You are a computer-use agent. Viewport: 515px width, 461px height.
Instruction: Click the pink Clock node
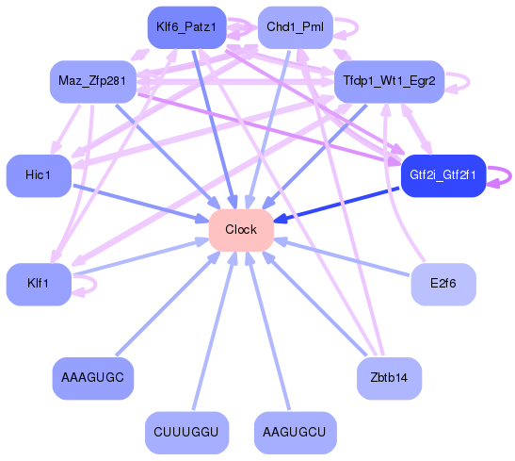241,229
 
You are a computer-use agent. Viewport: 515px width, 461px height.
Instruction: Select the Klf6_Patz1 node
186,27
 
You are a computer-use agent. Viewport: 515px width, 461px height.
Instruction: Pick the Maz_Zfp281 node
92,81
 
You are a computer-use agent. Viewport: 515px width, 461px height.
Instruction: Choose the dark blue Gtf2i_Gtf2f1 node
443,175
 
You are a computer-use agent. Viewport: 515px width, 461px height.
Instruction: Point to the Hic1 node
39,175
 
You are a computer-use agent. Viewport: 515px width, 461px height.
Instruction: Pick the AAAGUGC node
92,378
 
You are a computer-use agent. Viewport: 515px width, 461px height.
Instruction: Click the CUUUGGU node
186,433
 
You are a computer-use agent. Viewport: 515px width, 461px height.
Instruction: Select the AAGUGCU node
295,433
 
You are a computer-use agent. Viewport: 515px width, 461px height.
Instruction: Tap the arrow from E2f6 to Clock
344,257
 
